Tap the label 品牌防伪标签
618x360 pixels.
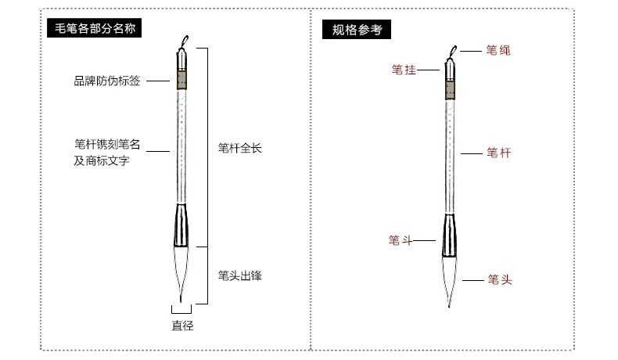coord(107,81)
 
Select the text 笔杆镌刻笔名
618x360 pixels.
coord(107,145)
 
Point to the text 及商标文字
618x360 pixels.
coord(102,161)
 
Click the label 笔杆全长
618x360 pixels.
coord(239,147)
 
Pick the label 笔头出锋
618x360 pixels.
coord(239,275)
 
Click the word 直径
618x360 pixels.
coord(182,326)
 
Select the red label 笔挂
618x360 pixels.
coord(403,70)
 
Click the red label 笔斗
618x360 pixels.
coord(400,240)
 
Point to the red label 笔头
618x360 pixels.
coord(500,279)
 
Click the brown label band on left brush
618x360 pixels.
coord(181,81)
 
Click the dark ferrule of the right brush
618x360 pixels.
coord(451,235)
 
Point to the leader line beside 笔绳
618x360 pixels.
coord(469,50)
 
